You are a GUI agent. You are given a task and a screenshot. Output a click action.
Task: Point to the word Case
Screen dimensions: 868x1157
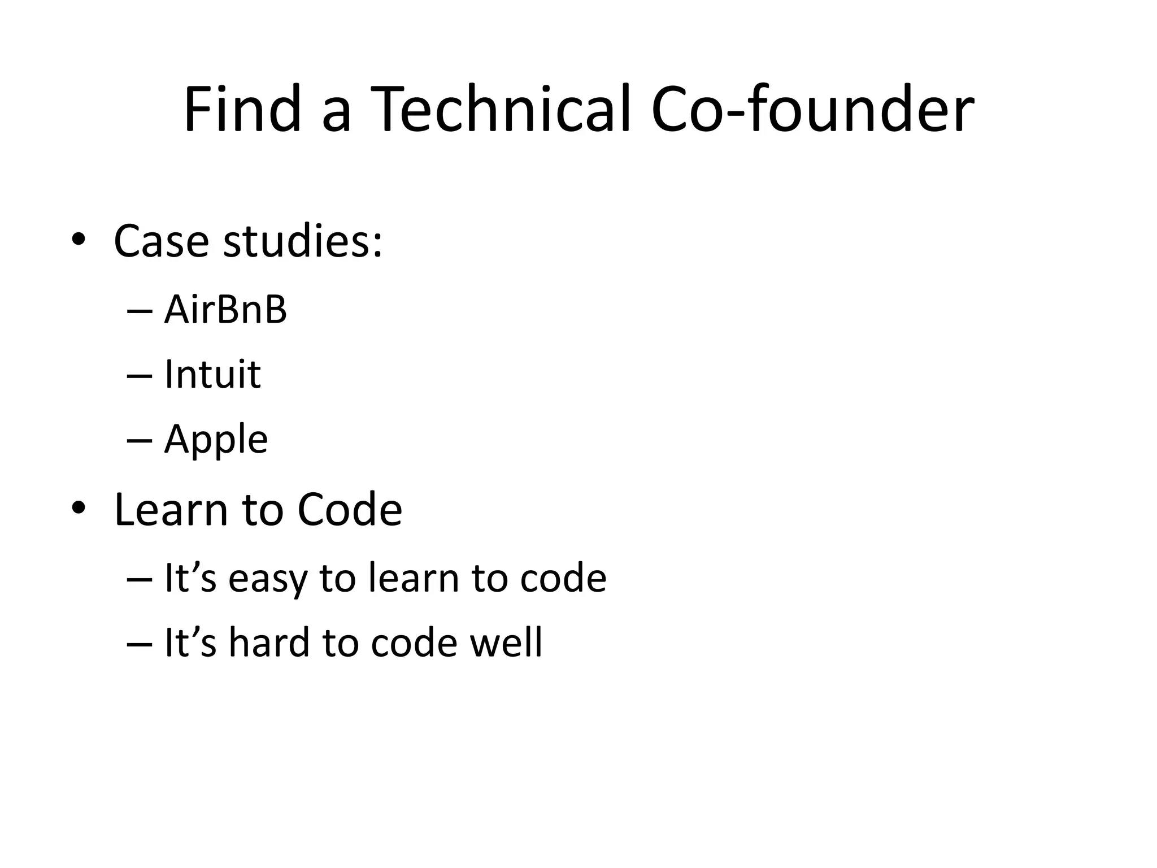(161, 241)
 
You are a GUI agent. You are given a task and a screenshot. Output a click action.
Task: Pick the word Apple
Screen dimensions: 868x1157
(216, 440)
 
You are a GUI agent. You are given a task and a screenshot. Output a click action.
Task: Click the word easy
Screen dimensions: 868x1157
(268, 580)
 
